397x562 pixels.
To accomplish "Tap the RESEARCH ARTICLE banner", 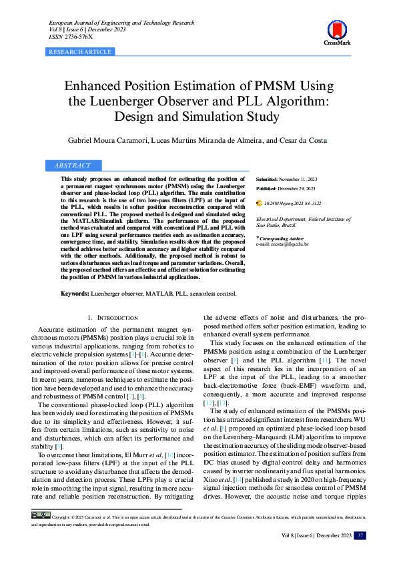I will [81, 51].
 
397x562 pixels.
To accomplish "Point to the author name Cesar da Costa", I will [304, 141].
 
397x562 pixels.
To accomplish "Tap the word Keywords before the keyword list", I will [75, 293].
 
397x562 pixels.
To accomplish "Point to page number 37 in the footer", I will [360, 535].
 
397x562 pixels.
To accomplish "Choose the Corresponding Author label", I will [282, 238].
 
